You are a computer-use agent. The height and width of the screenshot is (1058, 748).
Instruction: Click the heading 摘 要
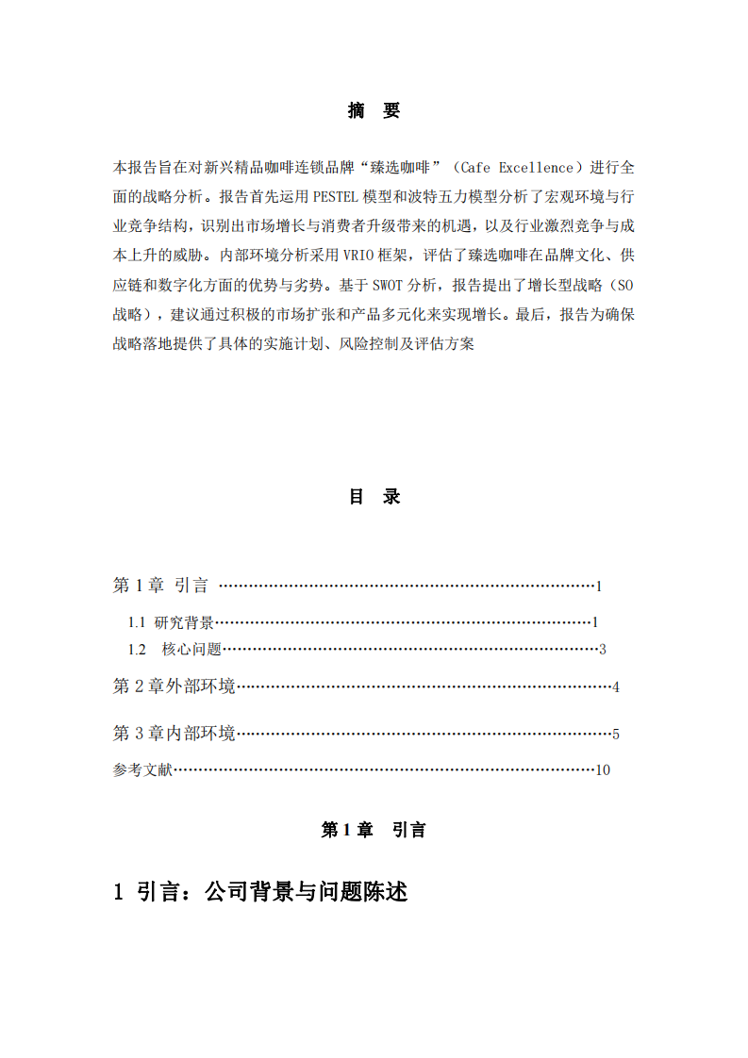pyautogui.click(x=374, y=111)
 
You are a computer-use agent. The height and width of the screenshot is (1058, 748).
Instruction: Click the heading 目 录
pyautogui.click(x=374, y=497)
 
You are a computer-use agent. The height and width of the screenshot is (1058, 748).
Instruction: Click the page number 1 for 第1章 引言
pyautogui.click(x=598, y=587)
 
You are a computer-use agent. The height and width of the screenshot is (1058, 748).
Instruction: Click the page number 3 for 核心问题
pyautogui.click(x=601, y=649)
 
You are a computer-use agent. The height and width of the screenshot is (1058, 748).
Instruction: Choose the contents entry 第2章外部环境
pyautogui.click(x=174, y=686)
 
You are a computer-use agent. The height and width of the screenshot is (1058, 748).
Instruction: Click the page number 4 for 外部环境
pyautogui.click(x=615, y=686)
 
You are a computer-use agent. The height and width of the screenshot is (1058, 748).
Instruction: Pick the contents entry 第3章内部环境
pyautogui.click(x=174, y=734)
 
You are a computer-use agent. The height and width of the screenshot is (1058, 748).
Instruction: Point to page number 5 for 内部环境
pyautogui.click(x=615, y=734)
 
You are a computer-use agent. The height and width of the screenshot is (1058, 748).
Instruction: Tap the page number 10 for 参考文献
pyautogui.click(x=603, y=769)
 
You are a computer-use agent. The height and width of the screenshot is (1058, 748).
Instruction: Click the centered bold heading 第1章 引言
pyautogui.click(x=374, y=830)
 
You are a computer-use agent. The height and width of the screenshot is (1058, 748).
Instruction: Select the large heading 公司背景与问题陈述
pyautogui.click(x=306, y=891)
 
